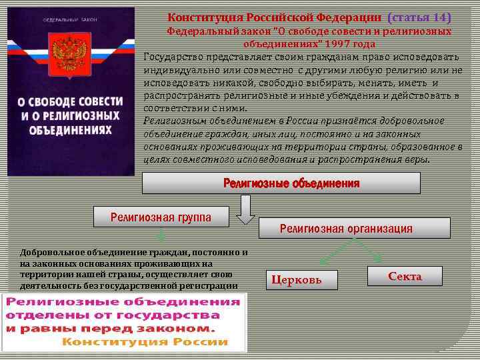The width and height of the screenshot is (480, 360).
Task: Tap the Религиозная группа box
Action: click(x=161, y=216)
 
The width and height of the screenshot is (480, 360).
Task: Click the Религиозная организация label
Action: click(x=346, y=229)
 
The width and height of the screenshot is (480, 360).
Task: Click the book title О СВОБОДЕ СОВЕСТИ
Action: click(x=71, y=102)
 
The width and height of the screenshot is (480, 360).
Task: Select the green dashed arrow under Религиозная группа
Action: click(x=161, y=234)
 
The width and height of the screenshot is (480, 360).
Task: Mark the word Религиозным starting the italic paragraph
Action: click(x=172, y=120)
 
